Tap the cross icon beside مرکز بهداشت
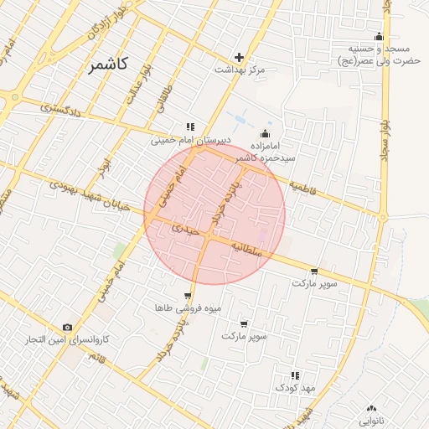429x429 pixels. tap(240, 58)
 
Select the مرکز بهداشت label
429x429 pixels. tap(240, 70)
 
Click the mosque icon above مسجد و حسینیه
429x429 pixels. tap(379, 36)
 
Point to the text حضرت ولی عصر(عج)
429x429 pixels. tap(378, 61)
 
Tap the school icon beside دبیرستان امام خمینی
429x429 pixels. tap(190, 127)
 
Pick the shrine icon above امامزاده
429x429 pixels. tap(266, 134)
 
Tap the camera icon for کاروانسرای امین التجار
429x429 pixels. tap(67, 328)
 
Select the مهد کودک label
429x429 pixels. tap(294, 388)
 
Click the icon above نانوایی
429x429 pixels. tap(371, 408)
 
